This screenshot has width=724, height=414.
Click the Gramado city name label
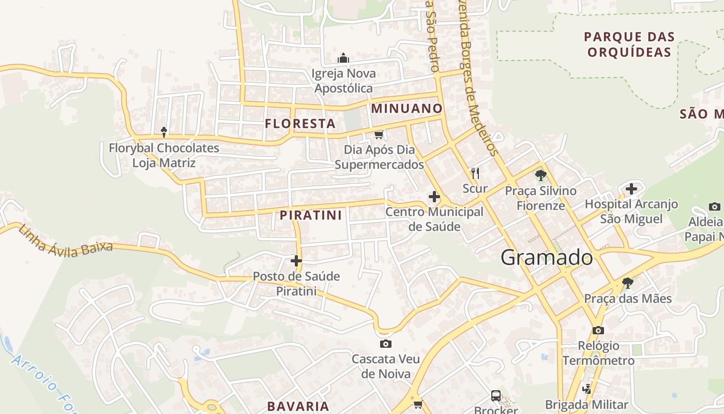pyautogui.click(x=547, y=257)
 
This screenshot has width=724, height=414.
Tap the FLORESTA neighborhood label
pyautogui.click(x=300, y=124)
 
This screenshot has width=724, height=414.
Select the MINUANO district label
pyautogui.click(x=407, y=109)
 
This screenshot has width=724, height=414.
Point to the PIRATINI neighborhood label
pyautogui.click(x=311, y=215)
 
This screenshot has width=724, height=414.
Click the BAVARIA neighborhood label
pyautogui.click(x=298, y=406)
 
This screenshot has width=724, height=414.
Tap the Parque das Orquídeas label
pyautogui.click(x=629, y=45)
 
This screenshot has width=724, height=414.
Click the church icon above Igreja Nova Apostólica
pyautogui.click(x=343, y=58)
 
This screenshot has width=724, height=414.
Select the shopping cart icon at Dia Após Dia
pyautogui.click(x=379, y=135)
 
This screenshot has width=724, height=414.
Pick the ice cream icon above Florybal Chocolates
pyautogui.click(x=164, y=132)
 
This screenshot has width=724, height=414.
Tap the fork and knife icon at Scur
pyautogui.click(x=475, y=173)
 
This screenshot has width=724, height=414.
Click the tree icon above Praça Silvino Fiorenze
pyautogui.click(x=541, y=175)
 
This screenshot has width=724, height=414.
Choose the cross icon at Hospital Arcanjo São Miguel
pyautogui.click(x=631, y=189)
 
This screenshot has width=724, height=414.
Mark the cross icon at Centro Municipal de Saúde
pyautogui.click(x=434, y=197)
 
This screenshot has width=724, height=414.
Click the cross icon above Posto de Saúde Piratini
pyautogui.click(x=296, y=260)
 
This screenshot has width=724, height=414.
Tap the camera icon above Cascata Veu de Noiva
pyautogui.click(x=385, y=344)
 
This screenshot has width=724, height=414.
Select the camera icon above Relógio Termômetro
pyautogui.click(x=598, y=330)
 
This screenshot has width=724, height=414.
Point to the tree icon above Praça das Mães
pyautogui.click(x=628, y=283)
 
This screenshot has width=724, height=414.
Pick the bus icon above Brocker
pyautogui.click(x=495, y=396)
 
